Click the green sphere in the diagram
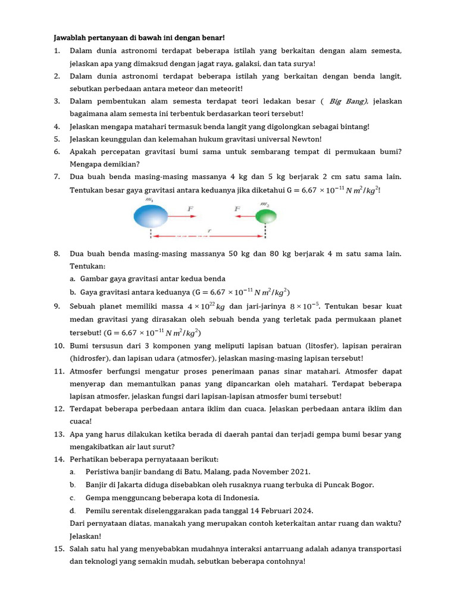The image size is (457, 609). (x=266, y=215)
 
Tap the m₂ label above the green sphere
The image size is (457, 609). (x=264, y=204)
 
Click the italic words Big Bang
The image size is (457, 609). (x=349, y=101)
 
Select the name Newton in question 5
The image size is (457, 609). (x=306, y=139)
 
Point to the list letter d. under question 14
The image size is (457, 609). (x=73, y=510)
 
